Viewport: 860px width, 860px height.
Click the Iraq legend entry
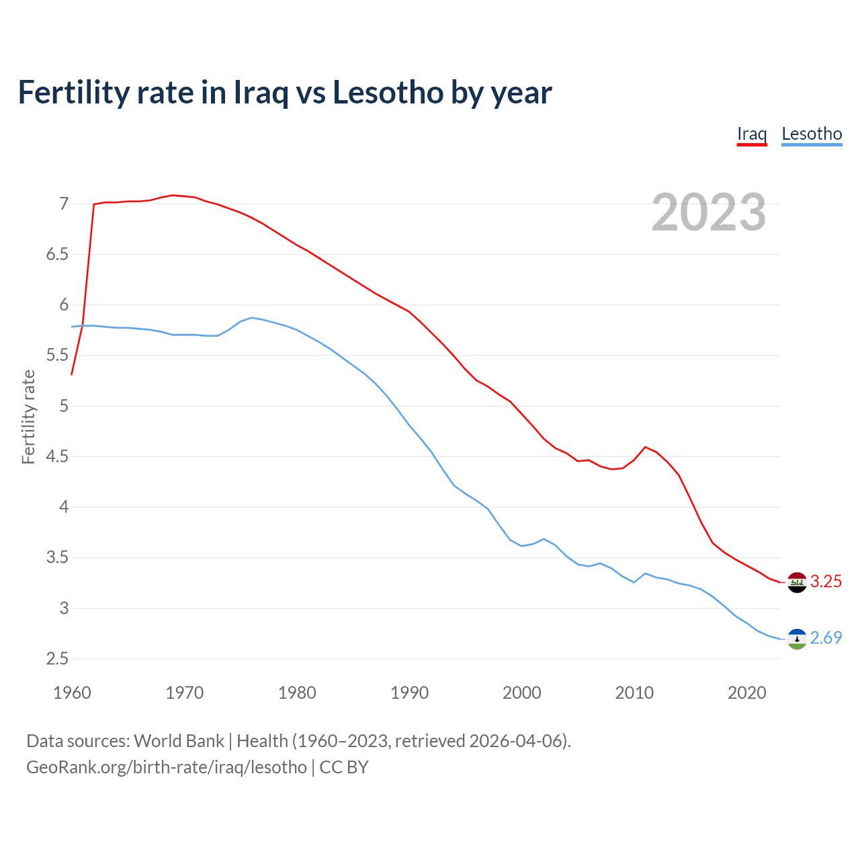(x=752, y=134)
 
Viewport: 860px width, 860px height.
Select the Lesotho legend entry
(x=812, y=134)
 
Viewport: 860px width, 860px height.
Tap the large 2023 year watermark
(x=709, y=212)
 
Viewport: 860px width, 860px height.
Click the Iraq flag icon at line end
(x=797, y=582)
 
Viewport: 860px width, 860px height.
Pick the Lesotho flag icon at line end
(x=797, y=638)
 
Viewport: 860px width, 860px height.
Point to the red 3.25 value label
(x=826, y=582)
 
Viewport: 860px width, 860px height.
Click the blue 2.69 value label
(x=826, y=638)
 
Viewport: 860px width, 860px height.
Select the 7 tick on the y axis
(x=64, y=204)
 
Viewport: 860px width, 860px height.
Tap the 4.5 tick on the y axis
(x=57, y=457)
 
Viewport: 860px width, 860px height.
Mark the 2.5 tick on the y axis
(x=57, y=659)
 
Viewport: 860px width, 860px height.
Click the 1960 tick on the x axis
(x=72, y=693)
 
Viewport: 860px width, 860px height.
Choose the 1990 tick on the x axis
(x=409, y=693)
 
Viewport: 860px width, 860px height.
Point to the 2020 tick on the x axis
(x=746, y=693)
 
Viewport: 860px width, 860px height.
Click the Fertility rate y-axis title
(x=28, y=417)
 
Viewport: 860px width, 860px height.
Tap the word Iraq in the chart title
(x=259, y=92)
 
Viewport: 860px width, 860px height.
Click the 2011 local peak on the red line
(x=645, y=447)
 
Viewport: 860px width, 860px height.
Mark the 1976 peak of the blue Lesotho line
(x=251, y=317)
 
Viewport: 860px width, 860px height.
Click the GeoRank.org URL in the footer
(x=167, y=767)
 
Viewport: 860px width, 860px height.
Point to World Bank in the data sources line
(x=179, y=741)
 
